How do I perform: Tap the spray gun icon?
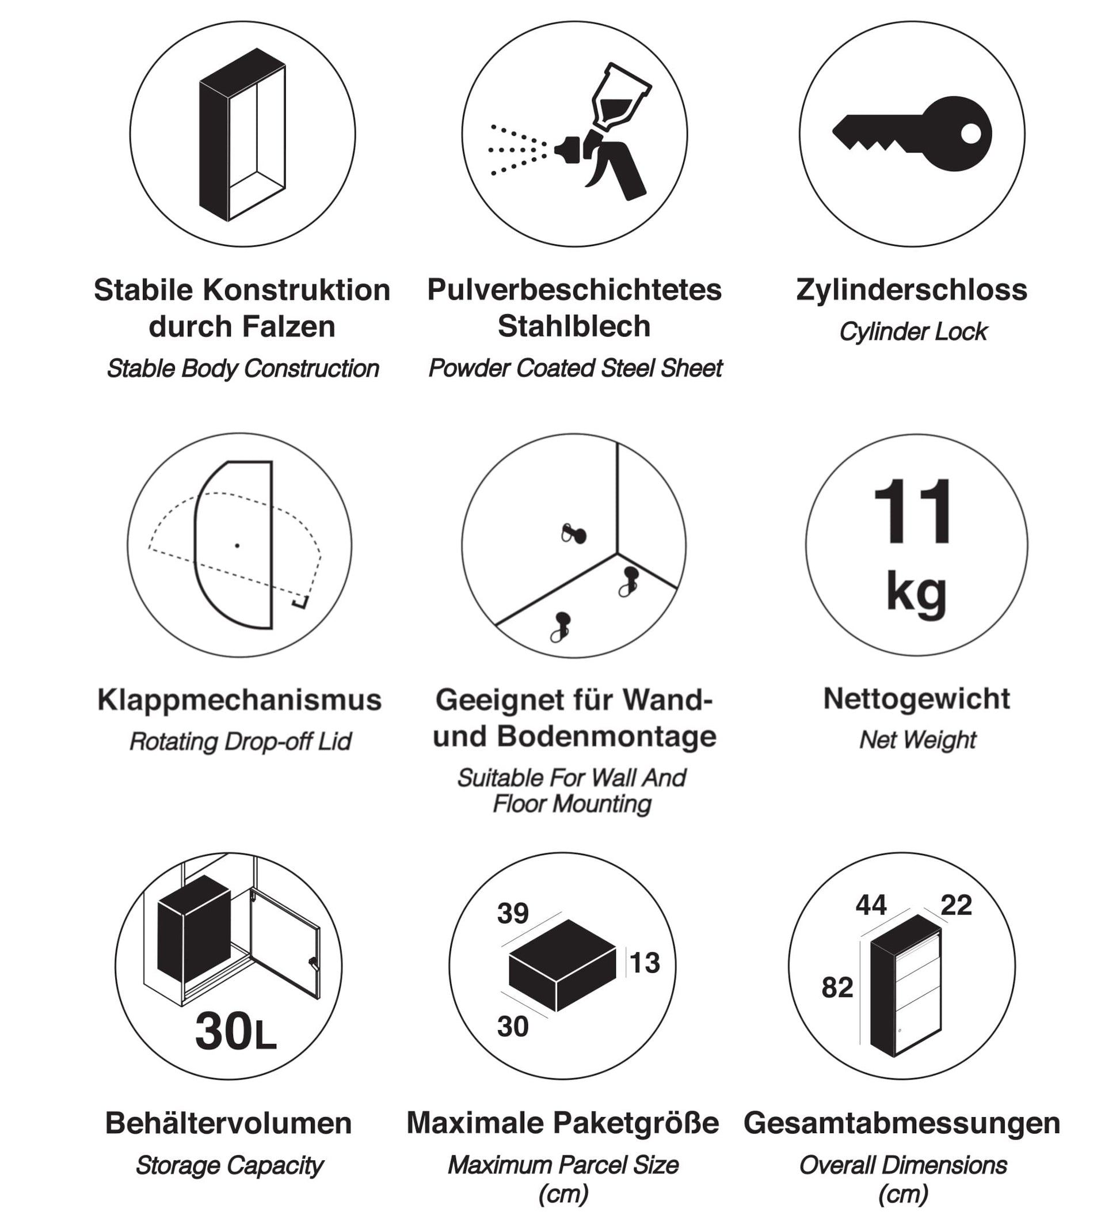coord(602,137)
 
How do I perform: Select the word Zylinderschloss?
coord(911,290)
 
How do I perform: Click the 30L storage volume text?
coord(235,1032)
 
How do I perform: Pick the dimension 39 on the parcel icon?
coord(513,913)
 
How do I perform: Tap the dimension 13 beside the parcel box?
coord(644,963)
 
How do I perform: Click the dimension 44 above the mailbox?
coord(871,905)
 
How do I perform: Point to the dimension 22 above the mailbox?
coord(956,905)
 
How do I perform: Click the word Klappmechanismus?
coord(239,700)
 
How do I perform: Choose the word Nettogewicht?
coord(916,698)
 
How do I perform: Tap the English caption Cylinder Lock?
coord(913,332)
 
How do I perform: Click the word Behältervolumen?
coord(228,1123)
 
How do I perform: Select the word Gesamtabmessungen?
coord(902,1123)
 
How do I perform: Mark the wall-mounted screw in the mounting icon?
coord(574,534)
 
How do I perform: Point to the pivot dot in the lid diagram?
coord(237,545)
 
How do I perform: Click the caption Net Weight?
coord(917,740)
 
